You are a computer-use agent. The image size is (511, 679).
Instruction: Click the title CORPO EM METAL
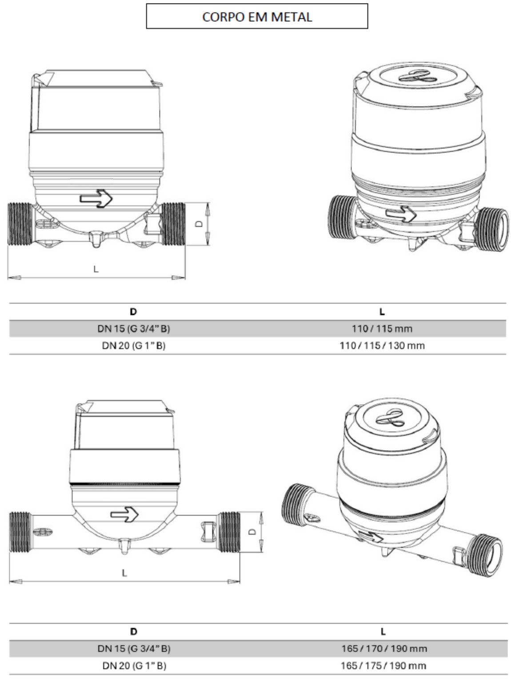(257, 17)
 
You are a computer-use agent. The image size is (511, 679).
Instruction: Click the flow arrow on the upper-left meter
(96, 199)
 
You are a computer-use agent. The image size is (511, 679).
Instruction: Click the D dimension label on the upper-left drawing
(200, 224)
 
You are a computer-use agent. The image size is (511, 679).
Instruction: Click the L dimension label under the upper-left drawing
(96, 269)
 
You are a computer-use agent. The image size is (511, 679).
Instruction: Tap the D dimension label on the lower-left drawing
(253, 532)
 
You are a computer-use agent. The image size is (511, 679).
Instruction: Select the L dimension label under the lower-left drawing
(124, 573)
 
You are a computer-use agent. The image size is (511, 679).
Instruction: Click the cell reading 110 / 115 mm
(382, 329)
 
